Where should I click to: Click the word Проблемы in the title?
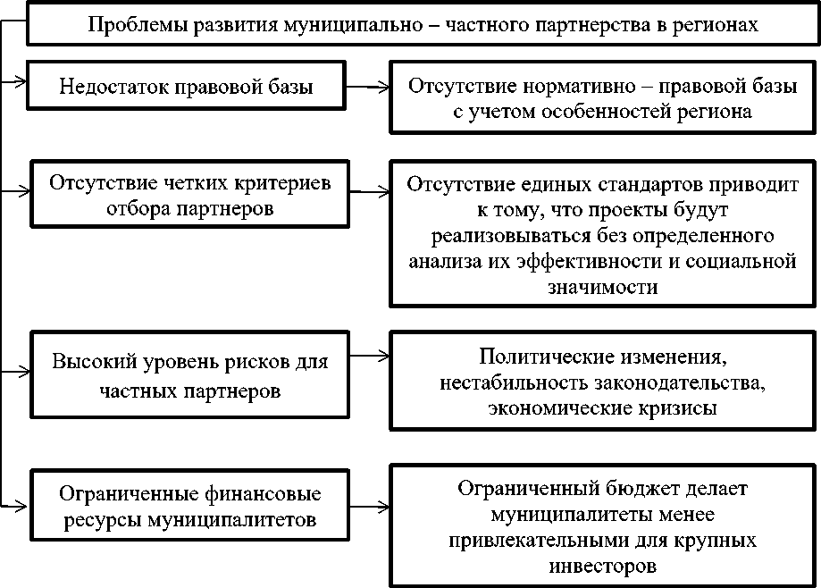132,25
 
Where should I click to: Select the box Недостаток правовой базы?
186,87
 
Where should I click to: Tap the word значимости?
605,287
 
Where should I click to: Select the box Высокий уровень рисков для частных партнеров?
189,375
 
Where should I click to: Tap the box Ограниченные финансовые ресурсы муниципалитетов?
189,507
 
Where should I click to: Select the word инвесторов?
605,565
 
